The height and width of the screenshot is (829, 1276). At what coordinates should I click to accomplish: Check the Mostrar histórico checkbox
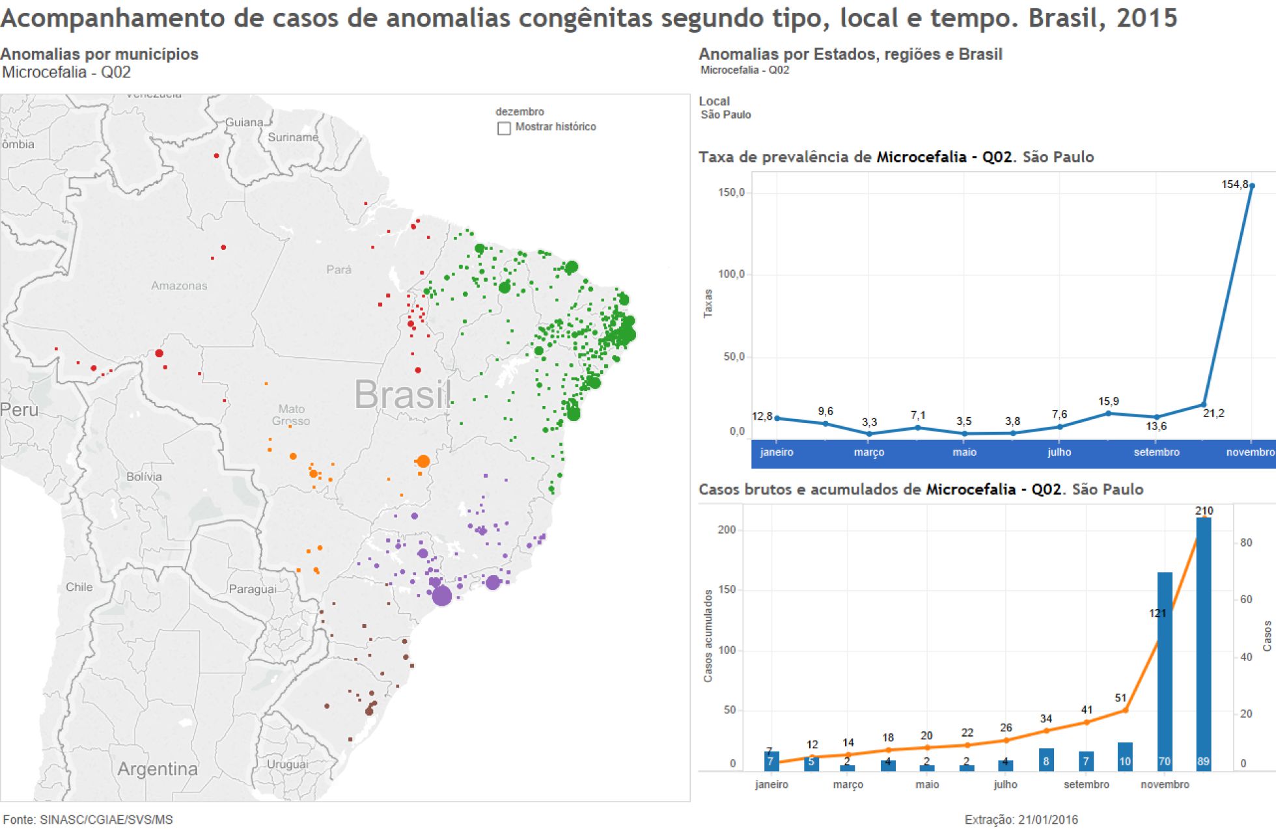[x=504, y=128]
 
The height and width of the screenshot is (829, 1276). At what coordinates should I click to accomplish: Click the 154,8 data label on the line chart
[x=1234, y=185]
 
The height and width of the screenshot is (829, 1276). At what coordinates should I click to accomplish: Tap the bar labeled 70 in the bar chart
[x=1165, y=670]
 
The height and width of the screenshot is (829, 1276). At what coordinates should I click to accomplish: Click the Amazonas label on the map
[x=179, y=286]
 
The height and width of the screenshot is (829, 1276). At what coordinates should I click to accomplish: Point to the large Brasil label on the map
[x=403, y=394]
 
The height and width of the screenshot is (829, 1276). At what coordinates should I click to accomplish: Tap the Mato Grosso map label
[x=291, y=415]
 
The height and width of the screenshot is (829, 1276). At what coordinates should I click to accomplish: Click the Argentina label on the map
[x=158, y=769]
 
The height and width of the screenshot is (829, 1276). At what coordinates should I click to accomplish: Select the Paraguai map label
[x=252, y=590]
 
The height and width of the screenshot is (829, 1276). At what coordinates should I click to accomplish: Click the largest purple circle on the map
[x=442, y=595]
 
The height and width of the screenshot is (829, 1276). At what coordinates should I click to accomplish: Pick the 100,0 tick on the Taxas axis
[x=731, y=275]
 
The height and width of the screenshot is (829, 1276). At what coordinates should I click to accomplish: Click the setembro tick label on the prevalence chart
[x=1156, y=452]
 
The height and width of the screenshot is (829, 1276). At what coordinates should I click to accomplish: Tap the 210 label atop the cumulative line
[x=1204, y=511]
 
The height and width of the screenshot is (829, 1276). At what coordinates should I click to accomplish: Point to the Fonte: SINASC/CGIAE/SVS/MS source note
[x=88, y=820]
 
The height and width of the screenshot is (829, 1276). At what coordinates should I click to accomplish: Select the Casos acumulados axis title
[x=708, y=636]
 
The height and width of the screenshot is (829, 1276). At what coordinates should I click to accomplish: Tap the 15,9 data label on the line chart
[x=1108, y=401]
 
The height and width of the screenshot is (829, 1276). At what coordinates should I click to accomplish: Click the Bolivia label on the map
[x=144, y=477]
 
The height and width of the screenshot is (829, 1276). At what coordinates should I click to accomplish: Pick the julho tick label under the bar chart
[x=1005, y=785]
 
